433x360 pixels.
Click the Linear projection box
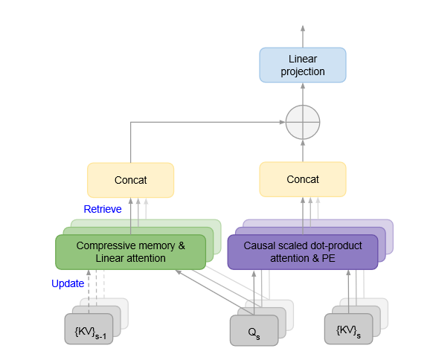pos(302,65)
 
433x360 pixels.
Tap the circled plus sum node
pos(303,121)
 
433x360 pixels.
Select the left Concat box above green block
pos(130,180)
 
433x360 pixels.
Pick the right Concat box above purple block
pos(302,179)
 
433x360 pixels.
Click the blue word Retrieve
pos(103,209)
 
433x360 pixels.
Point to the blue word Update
pos(68,283)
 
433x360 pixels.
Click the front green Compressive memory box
pos(130,251)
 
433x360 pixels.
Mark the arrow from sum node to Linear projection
pos(303,94)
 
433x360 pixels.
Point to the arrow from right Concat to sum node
pos(303,151)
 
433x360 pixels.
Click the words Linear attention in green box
pos(130,257)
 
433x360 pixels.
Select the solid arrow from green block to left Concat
pos(131,216)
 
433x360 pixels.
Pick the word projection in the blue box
pos(302,71)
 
